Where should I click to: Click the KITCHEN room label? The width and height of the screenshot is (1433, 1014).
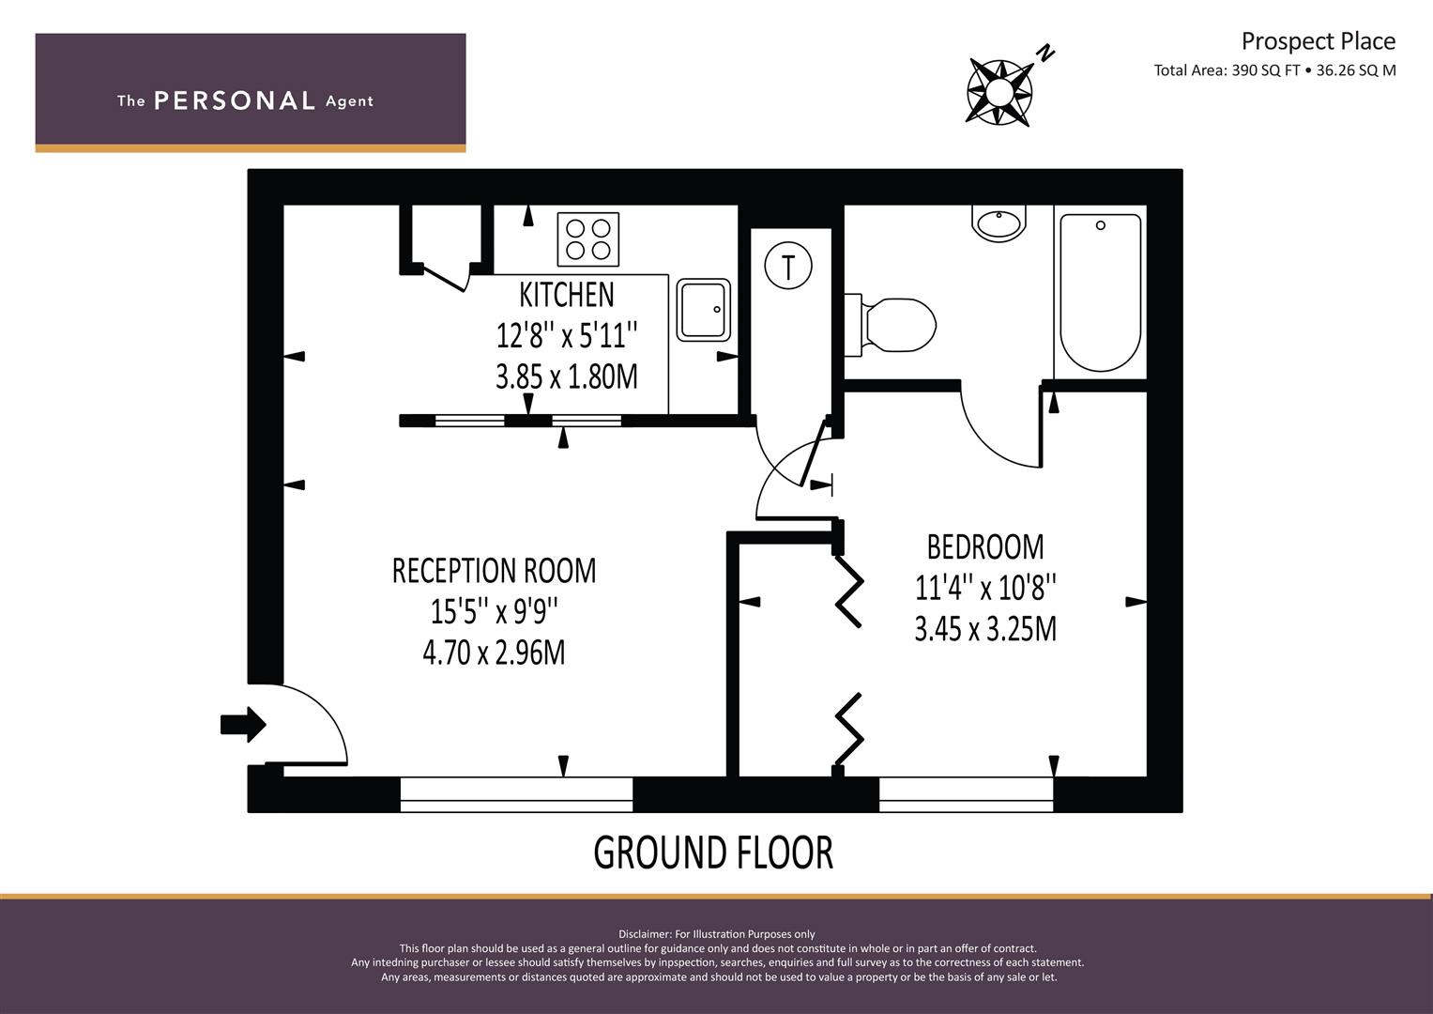tap(566, 295)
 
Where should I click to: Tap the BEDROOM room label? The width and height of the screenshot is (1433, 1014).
tap(985, 547)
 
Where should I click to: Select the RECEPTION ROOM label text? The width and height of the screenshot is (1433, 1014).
tap(494, 571)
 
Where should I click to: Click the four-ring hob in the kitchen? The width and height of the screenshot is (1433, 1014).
tap(587, 239)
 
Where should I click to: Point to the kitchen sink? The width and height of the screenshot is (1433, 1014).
tap(704, 309)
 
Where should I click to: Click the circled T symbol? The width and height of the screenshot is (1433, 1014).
tap(788, 265)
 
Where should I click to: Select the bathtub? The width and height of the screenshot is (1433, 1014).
tap(1101, 293)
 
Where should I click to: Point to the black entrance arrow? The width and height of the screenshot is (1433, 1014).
tap(243, 725)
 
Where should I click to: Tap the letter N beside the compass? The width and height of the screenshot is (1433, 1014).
tap(1045, 53)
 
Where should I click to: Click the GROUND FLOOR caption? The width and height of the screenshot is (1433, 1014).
tap(713, 853)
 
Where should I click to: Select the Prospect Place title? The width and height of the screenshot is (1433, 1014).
tap(1319, 41)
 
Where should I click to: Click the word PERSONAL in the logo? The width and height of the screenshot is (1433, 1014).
tap(235, 100)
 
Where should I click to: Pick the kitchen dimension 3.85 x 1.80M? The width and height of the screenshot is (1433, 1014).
tap(567, 376)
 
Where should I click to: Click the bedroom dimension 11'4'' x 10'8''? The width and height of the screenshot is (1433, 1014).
tap(985, 588)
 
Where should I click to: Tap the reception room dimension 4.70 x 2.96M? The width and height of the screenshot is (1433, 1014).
tap(494, 653)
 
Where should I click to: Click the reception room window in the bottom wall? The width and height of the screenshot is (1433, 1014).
tap(517, 794)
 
